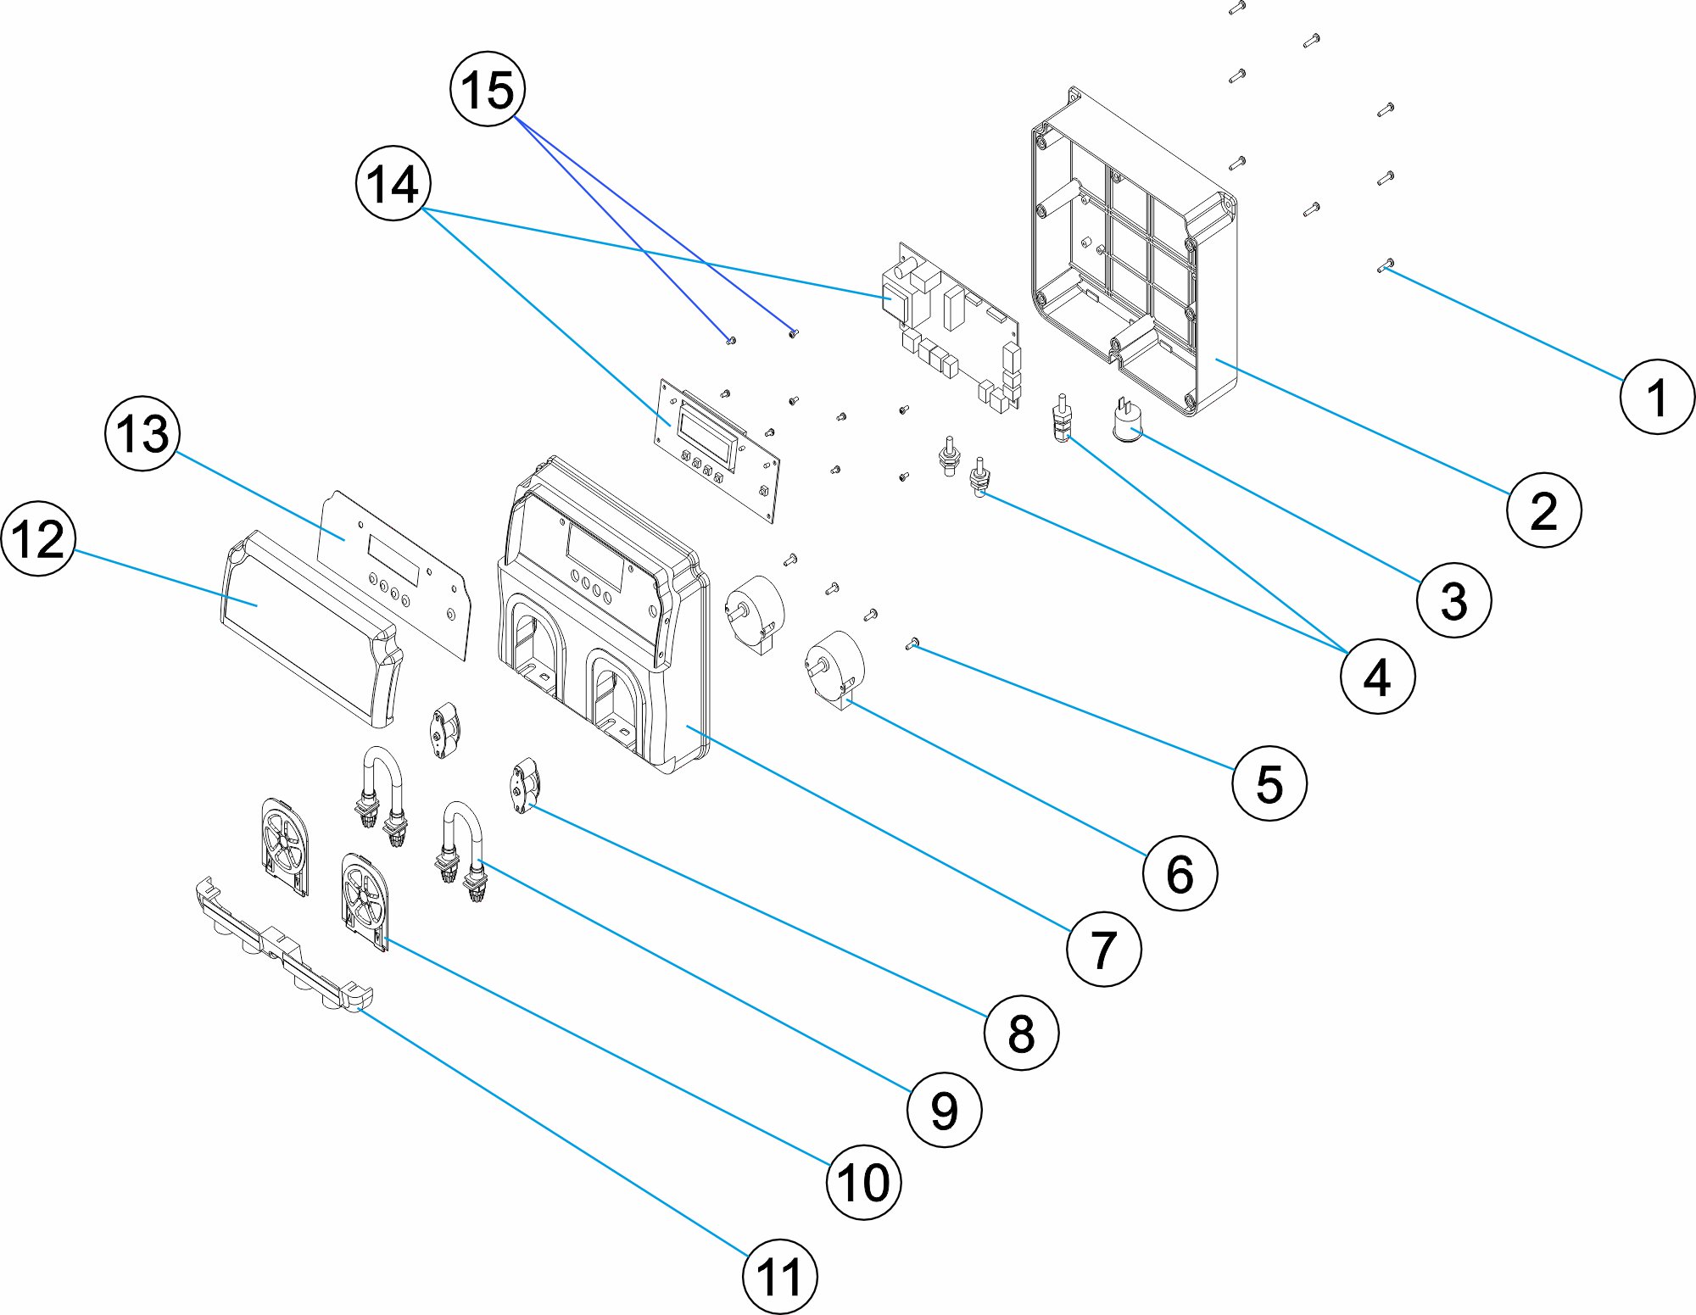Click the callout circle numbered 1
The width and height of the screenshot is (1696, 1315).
pos(1657,397)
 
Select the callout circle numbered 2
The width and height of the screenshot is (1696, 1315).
pos(1543,510)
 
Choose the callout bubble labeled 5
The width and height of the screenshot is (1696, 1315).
pos(1269,783)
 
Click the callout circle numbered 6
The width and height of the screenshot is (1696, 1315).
pos(1180,872)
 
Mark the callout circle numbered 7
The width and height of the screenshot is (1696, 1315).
pos(1102,950)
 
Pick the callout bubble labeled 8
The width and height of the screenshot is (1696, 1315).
pos(1021,1032)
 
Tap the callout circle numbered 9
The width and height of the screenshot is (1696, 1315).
pos(944,1109)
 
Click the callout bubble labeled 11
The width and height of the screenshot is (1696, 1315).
pos(779,1277)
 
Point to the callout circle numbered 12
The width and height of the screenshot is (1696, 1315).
pos(38,538)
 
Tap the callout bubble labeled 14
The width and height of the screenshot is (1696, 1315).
pos(393,183)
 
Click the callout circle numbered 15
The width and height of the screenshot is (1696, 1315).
pos(488,89)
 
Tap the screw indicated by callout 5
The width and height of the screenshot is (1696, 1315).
pos(912,644)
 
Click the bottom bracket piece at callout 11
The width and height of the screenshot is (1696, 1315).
pos(280,945)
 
